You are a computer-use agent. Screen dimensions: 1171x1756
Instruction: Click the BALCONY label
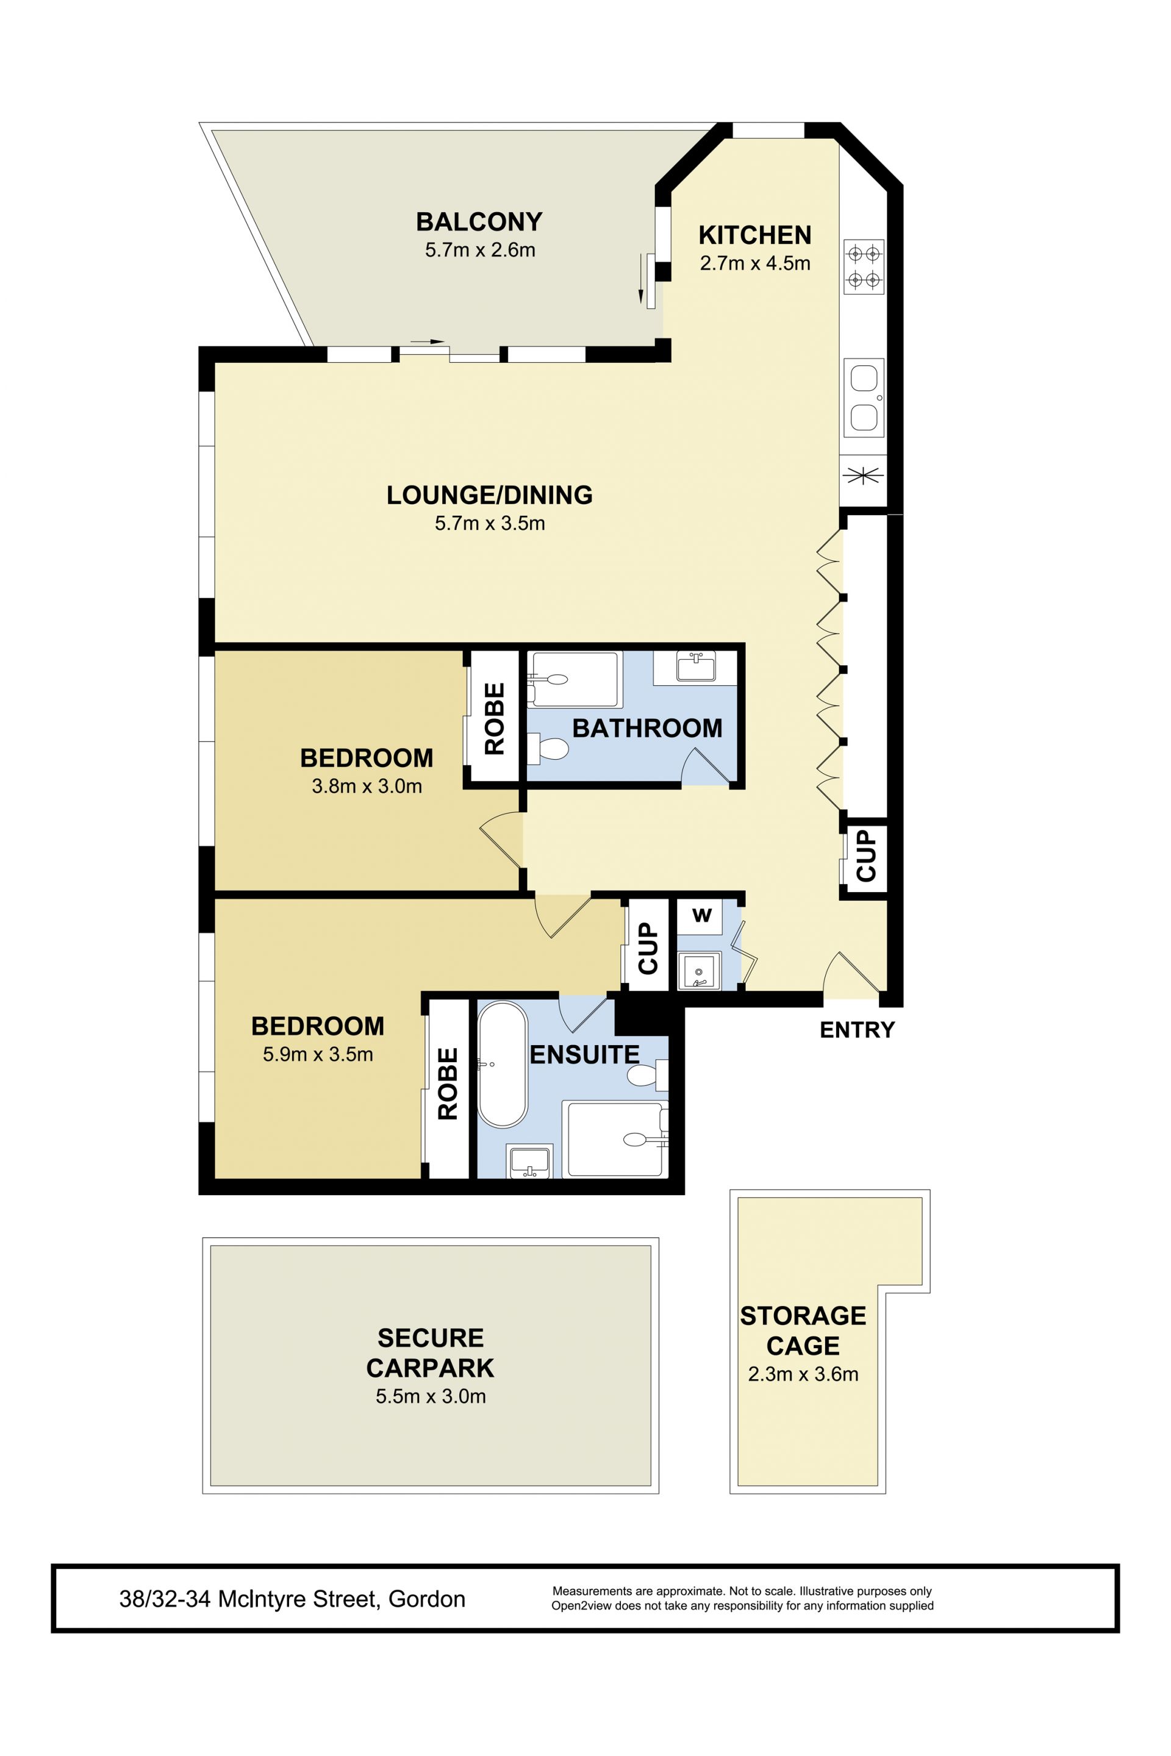click(479, 222)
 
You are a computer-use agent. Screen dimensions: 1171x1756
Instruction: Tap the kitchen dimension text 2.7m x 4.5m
click(755, 263)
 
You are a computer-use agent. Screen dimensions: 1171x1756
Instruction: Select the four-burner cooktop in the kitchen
click(864, 266)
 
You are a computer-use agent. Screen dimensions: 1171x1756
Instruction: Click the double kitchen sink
click(864, 398)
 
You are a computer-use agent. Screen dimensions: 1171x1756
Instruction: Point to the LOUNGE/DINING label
click(489, 495)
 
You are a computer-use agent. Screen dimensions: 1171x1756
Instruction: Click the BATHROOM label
click(646, 728)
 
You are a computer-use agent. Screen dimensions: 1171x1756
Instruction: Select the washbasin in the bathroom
click(696, 666)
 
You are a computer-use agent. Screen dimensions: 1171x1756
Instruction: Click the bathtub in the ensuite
click(502, 1065)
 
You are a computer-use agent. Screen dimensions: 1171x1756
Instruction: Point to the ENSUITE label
click(585, 1054)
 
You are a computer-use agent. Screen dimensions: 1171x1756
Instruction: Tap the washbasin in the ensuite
click(529, 1162)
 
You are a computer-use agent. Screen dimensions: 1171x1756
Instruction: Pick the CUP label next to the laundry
click(648, 948)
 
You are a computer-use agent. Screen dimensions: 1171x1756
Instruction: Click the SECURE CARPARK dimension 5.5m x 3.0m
click(431, 1396)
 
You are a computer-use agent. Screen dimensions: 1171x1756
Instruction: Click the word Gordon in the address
click(427, 1599)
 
